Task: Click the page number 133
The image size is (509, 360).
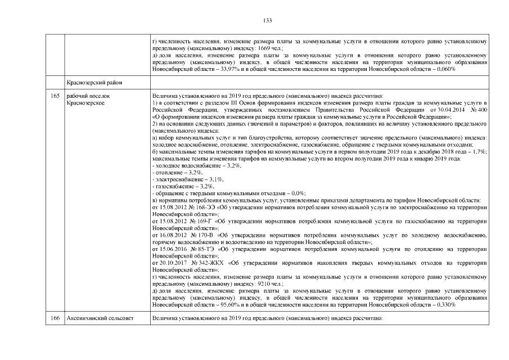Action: point(267,20)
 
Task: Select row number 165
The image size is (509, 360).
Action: point(55,96)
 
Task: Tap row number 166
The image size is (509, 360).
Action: point(55,318)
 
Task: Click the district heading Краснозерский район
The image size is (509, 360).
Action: point(94,83)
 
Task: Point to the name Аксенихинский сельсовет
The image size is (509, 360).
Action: point(100,318)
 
